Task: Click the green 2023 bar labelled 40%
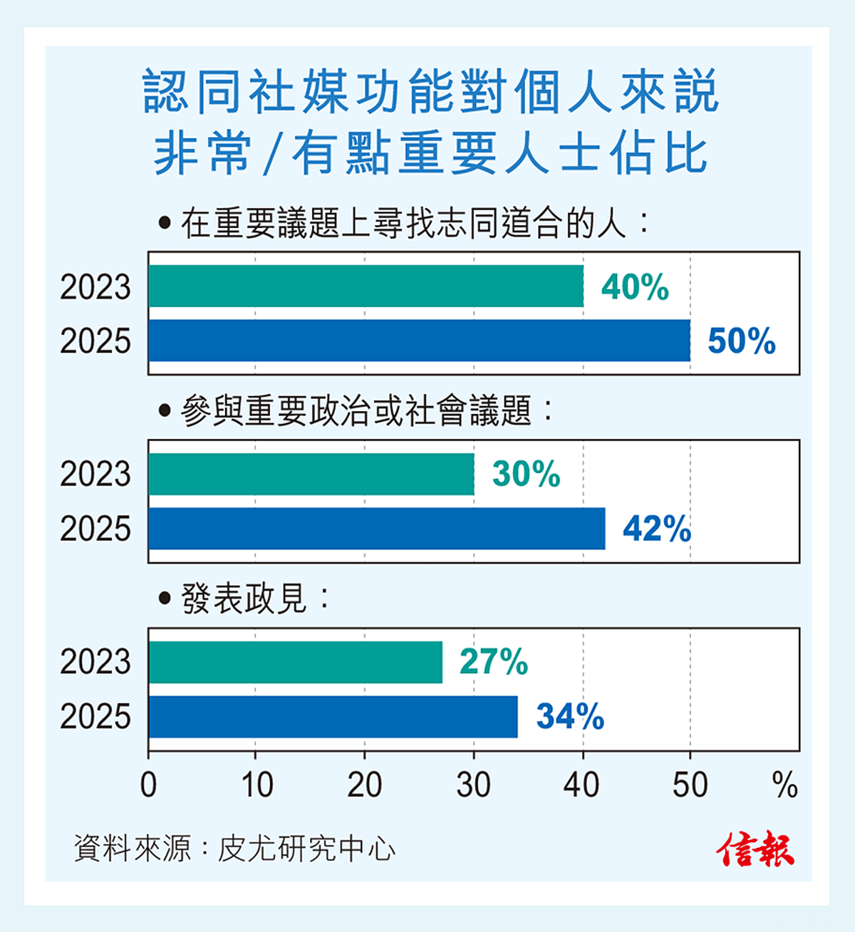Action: click(x=366, y=286)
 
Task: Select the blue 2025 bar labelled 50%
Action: click(x=419, y=341)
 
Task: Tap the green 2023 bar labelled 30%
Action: click(x=311, y=474)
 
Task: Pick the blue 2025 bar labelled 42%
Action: click(x=376, y=529)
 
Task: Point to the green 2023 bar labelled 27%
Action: click(x=295, y=662)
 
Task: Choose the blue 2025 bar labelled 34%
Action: click(x=333, y=717)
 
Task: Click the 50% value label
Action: click(x=741, y=341)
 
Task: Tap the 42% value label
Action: click(x=656, y=529)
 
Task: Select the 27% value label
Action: click(x=493, y=662)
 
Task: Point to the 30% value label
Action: click(x=526, y=474)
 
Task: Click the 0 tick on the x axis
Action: click(x=148, y=785)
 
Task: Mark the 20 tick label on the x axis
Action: click(x=365, y=785)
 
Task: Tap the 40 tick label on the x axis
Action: click(x=582, y=785)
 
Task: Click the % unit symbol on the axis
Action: click(x=784, y=785)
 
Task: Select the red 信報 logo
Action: click(x=755, y=849)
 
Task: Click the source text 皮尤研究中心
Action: click(x=306, y=849)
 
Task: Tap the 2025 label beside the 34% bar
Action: click(x=95, y=717)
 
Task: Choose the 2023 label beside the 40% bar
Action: click(x=95, y=286)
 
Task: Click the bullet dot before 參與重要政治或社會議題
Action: click(x=165, y=411)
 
